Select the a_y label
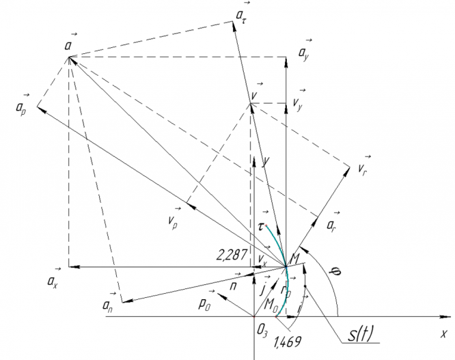(303, 52)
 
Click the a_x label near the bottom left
(57, 281)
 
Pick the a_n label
(107, 303)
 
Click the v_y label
(298, 102)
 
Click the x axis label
(443, 335)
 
